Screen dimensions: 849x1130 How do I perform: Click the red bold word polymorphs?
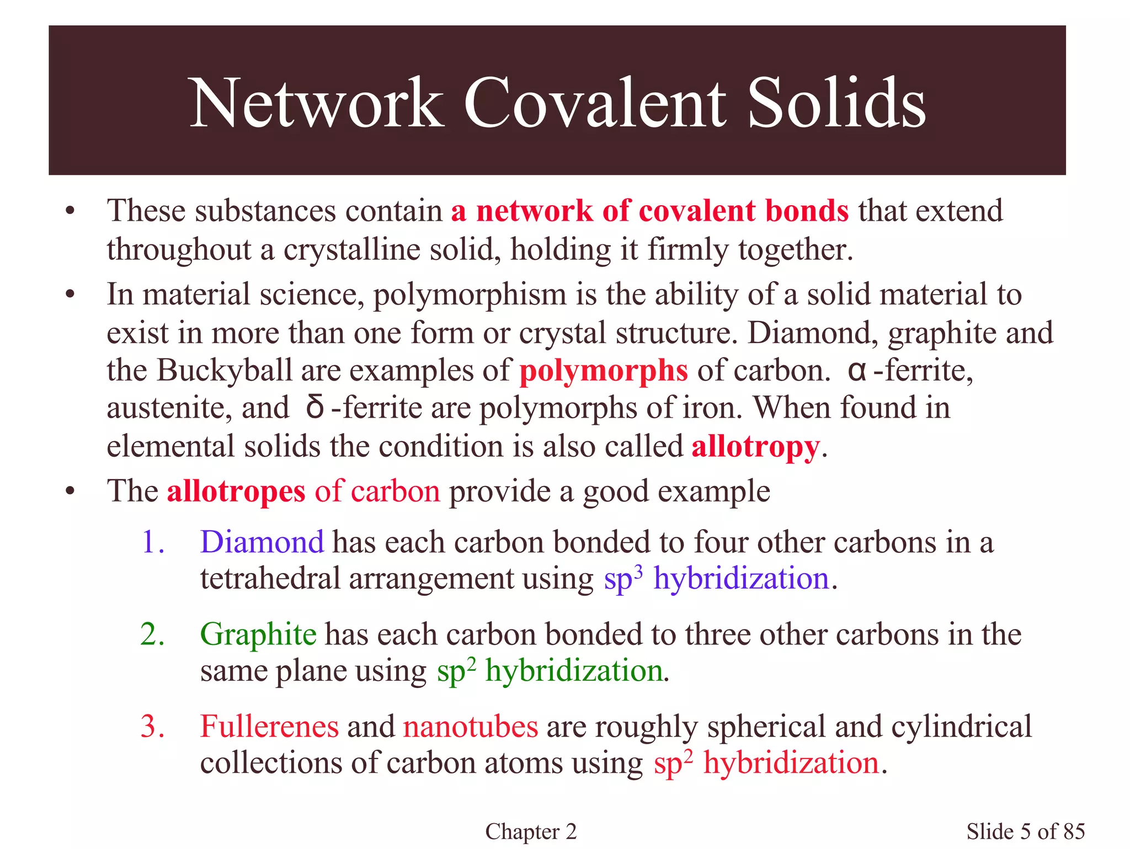tap(604, 371)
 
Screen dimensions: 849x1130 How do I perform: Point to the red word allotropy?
tap(755, 446)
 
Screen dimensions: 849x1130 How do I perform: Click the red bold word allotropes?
tap(236, 491)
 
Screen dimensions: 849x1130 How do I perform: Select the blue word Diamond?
tap(262, 542)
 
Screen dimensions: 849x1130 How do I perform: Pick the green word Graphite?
tap(258, 634)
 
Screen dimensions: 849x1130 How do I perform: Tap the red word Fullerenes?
tap(269, 726)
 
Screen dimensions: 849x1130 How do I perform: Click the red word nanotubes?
tap(470, 726)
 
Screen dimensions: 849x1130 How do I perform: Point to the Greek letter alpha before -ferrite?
tap(856, 370)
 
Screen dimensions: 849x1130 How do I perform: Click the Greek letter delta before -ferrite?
tap(315, 408)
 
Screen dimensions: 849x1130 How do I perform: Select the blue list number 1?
tap(152, 542)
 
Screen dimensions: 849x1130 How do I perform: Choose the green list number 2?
tap(152, 634)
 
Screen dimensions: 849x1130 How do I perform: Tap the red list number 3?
tap(152, 726)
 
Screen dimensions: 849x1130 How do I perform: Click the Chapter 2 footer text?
tap(531, 831)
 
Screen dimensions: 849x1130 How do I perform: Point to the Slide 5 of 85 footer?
tap(1025, 831)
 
